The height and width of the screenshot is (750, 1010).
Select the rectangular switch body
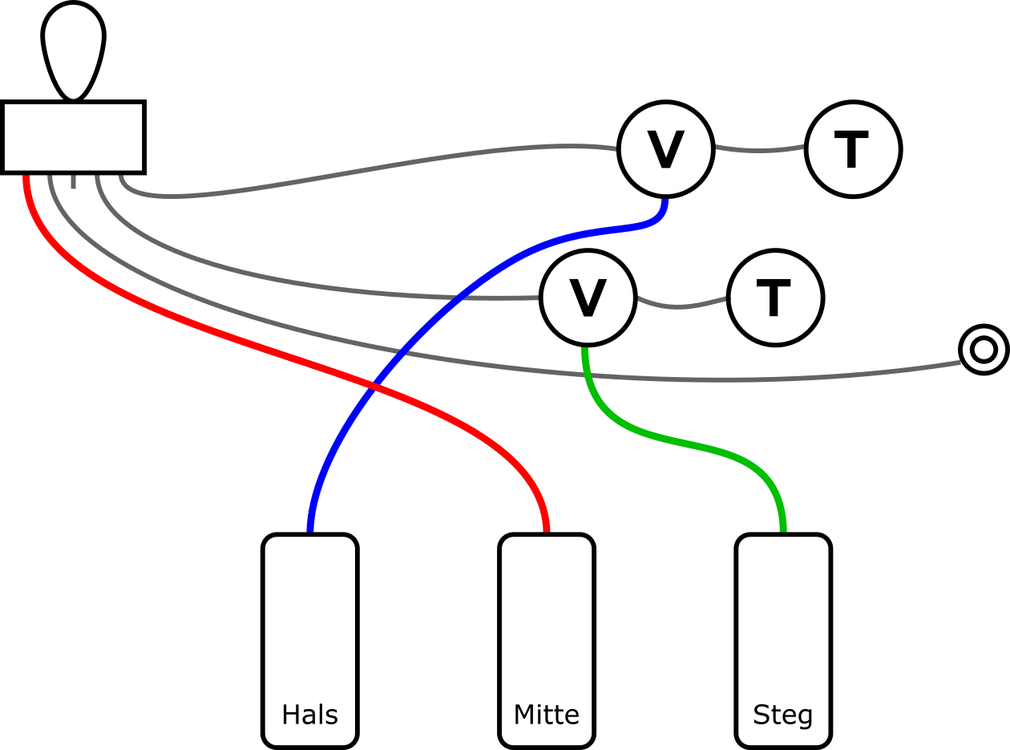coord(73,136)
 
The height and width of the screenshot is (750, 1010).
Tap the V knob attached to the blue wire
coord(665,149)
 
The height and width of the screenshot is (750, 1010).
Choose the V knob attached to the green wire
coord(588,298)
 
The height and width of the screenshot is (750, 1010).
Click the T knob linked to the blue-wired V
coord(853,149)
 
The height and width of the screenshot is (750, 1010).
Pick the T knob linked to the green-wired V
coord(775,298)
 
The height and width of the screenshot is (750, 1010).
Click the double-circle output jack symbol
coord(984,350)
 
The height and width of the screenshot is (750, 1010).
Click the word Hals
coord(309,715)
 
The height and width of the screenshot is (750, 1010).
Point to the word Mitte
coord(547,715)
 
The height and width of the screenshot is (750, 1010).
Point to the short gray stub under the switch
coord(73,180)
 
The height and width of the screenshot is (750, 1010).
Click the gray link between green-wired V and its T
coord(681,306)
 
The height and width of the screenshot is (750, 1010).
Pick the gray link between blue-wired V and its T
coord(758,150)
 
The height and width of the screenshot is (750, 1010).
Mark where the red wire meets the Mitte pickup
coord(546,529)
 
